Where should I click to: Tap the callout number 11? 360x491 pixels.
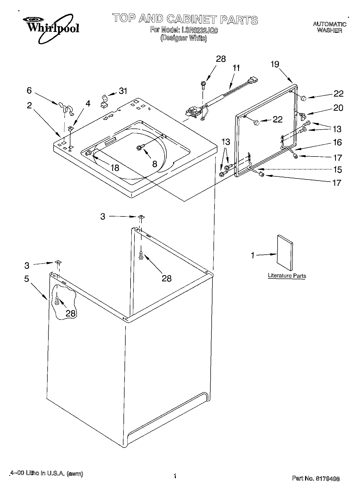(x=236, y=68)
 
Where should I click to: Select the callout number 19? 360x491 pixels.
(x=275, y=64)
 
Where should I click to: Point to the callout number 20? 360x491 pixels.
(x=338, y=108)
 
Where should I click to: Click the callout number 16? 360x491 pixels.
(x=337, y=142)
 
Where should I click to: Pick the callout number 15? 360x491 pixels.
(x=338, y=170)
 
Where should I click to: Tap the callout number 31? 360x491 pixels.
(x=123, y=91)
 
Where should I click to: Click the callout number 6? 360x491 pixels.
(x=29, y=91)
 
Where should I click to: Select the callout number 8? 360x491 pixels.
(x=155, y=164)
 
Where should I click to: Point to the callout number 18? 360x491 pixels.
(x=115, y=168)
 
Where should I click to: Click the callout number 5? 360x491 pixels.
(x=27, y=279)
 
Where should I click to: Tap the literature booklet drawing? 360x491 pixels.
(x=285, y=252)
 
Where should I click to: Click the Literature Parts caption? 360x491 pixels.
(x=287, y=276)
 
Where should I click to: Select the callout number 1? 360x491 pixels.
(x=253, y=255)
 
